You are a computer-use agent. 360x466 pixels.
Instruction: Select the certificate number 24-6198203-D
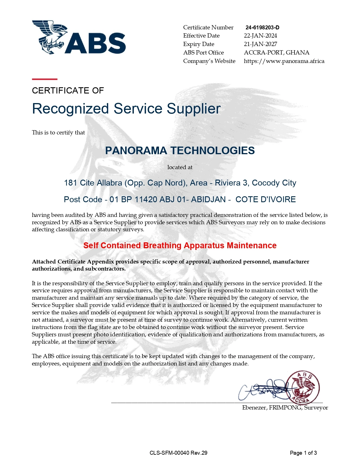(x=262, y=27)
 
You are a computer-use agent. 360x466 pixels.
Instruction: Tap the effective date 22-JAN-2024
(x=260, y=36)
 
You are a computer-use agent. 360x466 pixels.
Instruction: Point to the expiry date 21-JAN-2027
(x=260, y=44)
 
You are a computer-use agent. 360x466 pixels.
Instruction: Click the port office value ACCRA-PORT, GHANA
(x=276, y=53)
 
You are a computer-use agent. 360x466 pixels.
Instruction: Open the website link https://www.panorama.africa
(x=284, y=61)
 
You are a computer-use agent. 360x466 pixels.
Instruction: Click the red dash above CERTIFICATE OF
(x=45, y=79)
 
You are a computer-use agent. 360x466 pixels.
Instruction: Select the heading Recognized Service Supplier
(x=126, y=109)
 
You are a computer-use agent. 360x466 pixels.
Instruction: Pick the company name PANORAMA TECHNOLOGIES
(x=180, y=151)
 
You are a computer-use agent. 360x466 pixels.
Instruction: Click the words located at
(x=180, y=167)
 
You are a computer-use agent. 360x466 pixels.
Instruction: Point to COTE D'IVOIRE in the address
(x=265, y=199)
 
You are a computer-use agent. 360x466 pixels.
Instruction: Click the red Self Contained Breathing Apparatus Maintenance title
(x=180, y=245)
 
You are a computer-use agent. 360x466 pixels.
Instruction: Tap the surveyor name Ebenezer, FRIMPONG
(x=272, y=408)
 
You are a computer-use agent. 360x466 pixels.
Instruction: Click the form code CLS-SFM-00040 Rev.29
(x=178, y=453)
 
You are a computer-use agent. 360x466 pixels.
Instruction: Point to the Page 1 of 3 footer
(x=303, y=453)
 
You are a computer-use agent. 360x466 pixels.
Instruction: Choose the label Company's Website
(x=209, y=61)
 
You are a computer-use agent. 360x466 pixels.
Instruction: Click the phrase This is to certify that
(x=58, y=132)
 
